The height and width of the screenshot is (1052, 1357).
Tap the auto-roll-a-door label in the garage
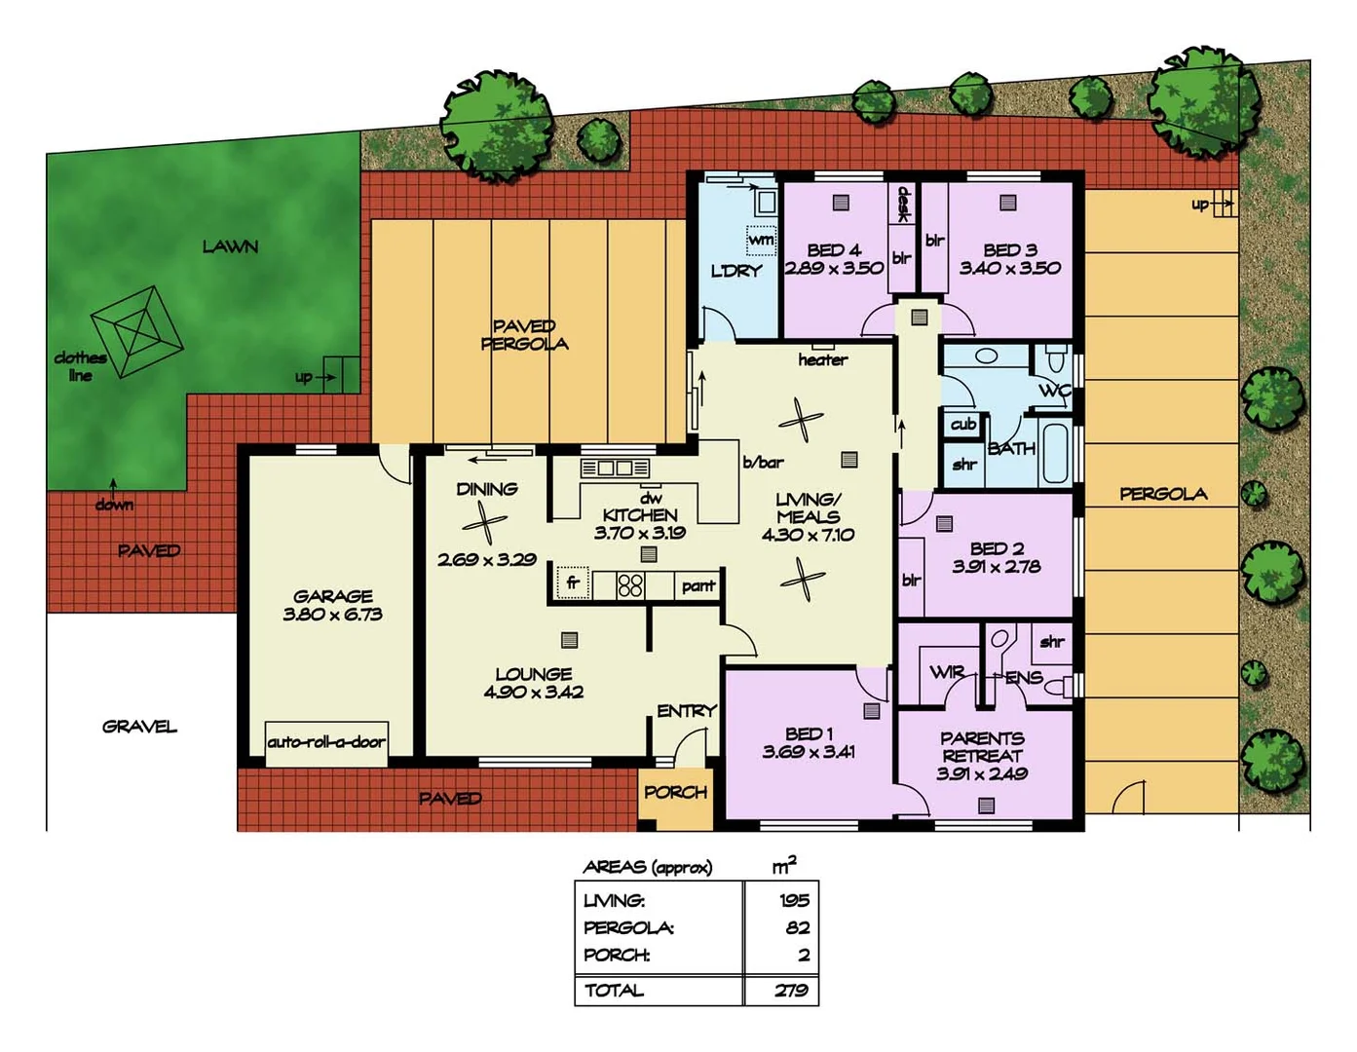tap(326, 742)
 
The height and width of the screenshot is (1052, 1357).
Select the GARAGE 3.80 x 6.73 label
tap(332, 605)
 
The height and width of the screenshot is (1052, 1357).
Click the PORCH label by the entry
tap(675, 793)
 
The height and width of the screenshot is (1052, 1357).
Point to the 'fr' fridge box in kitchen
tap(573, 582)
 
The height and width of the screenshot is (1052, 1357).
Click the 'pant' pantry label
tap(698, 585)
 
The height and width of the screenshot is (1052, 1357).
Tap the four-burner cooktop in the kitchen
tap(630, 584)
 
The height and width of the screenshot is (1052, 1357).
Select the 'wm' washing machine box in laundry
tap(761, 239)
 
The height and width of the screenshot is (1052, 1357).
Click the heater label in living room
tap(822, 360)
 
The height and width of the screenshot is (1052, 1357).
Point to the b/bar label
tap(763, 463)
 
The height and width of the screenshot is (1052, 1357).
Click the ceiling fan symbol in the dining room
tap(484, 526)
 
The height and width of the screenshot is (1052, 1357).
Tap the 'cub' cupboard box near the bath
tap(963, 425)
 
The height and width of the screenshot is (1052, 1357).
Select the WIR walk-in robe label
tap(947, 672)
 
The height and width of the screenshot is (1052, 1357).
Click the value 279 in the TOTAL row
tap(791, 991)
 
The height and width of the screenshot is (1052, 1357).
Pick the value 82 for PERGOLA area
tap(797, 928)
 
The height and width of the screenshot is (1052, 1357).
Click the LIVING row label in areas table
tap(614, 901)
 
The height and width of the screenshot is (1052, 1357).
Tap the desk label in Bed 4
tap(903, 204)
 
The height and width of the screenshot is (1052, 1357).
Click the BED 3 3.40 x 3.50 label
tap(1009, 259)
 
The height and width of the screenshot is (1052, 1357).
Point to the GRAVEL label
tap(139, 727)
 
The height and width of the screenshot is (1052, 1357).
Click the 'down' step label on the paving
tap(114, 505)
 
